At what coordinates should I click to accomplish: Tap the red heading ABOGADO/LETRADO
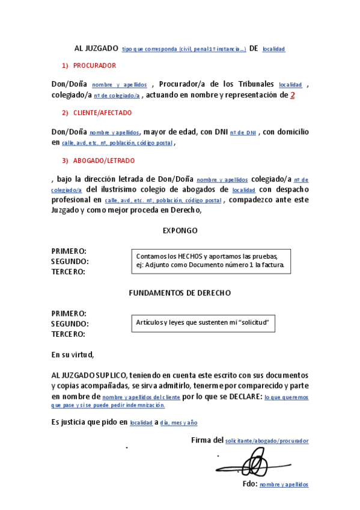click(x=104, y=161)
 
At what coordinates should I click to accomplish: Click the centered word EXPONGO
click(x=180, y=230)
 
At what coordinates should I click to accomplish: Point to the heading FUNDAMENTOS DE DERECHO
click(x=180, y=293)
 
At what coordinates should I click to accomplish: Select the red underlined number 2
click(x=293, y=94)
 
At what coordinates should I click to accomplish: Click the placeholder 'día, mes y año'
click(x=178, y=423)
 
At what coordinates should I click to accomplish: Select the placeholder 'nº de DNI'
click(x=243, y=132)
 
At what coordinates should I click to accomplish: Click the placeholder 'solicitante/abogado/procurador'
click(x=267, y=441)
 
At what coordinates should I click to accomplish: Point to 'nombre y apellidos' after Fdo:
click(x=284, y=484)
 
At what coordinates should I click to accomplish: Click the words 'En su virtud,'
click(x=73, y=355)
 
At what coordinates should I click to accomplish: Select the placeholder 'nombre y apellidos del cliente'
click(x=141, y=398)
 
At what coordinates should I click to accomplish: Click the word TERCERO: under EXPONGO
click(x=68, y=272)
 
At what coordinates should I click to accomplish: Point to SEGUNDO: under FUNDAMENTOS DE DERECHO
click(x=70, y=324)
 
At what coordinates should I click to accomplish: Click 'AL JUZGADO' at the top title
click(x=94, y=48)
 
